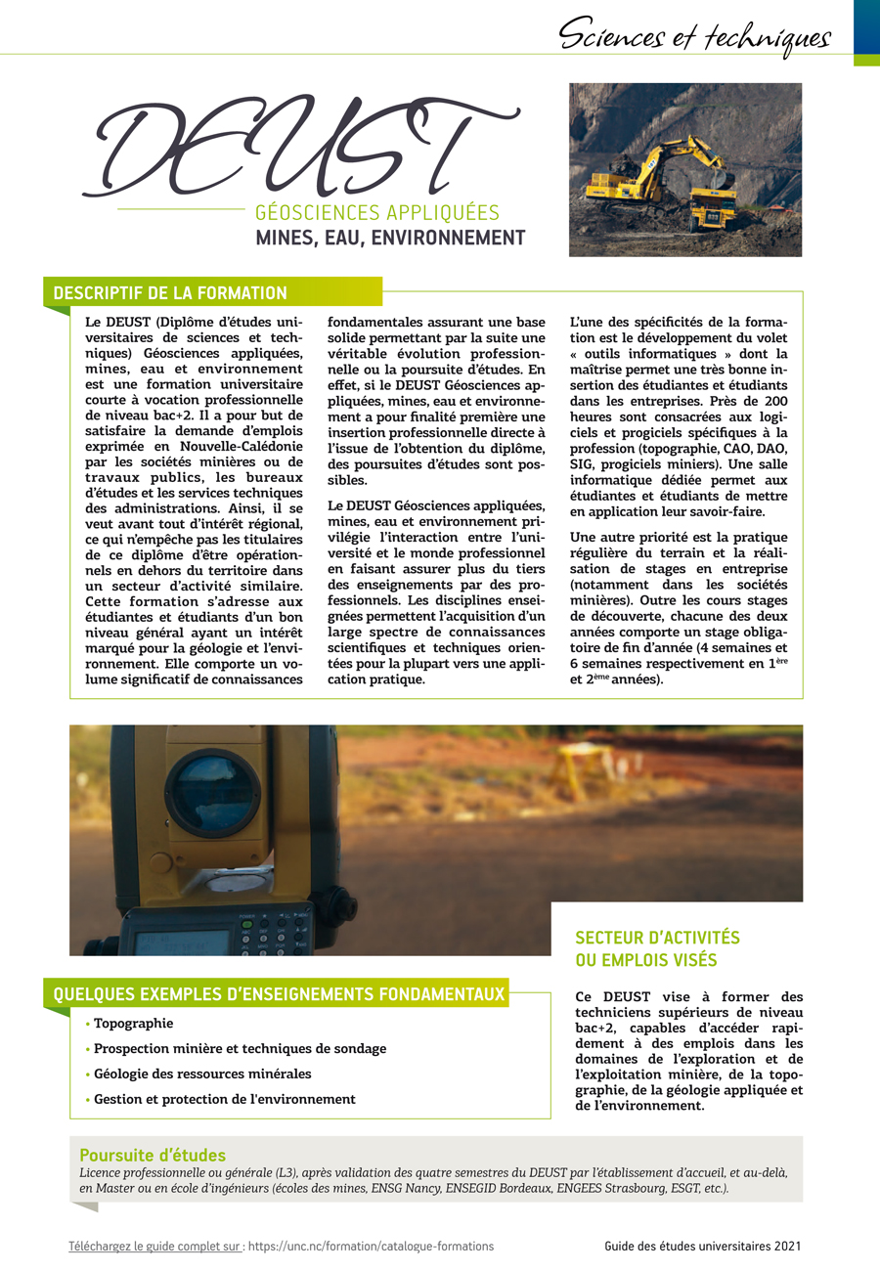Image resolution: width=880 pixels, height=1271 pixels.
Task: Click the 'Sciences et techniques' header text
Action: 694,36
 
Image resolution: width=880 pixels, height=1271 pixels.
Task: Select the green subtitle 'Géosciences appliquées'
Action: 376,212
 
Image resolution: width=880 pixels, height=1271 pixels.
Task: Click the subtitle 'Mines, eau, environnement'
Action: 389,238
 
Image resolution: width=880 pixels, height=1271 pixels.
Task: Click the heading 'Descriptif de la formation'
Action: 170,293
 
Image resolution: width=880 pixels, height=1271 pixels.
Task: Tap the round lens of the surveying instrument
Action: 212,791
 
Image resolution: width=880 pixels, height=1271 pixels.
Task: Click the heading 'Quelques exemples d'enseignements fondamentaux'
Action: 279,994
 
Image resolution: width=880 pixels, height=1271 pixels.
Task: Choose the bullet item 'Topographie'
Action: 133,1024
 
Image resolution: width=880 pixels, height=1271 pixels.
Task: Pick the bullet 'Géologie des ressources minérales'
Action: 202,1074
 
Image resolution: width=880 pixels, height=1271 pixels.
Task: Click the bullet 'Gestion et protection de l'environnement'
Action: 224,1099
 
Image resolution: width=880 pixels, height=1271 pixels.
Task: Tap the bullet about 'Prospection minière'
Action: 240,1048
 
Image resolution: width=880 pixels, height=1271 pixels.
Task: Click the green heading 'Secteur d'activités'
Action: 657,938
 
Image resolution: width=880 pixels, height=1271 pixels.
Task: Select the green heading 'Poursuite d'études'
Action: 153,1155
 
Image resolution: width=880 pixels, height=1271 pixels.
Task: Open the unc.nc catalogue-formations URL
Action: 371,1246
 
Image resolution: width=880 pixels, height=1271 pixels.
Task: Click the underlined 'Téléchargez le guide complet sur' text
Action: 156,1246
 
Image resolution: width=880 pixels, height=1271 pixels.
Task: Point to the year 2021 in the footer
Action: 788,1246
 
